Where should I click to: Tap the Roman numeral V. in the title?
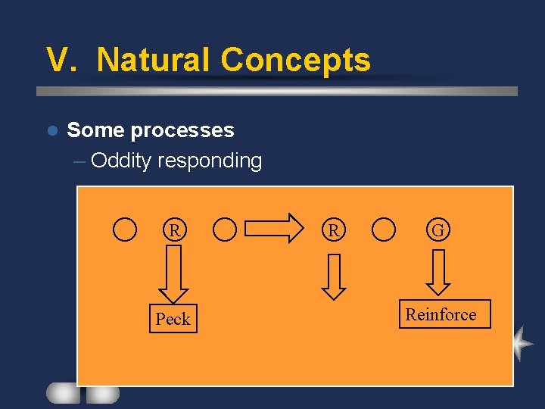coord(64,60)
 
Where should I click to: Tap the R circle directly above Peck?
coord(174,229)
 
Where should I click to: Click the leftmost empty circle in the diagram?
coord(125,229)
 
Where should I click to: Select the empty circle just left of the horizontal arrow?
coord(225,229)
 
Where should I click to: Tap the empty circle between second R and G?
coord(385,229)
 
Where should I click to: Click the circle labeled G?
coord(438,229)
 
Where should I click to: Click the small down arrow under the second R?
coord(333,276)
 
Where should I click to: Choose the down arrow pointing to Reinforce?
coord(438,272)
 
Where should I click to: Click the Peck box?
coord(173,319)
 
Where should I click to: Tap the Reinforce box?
coord(441,314)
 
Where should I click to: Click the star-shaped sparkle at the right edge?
coord(522,343)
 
